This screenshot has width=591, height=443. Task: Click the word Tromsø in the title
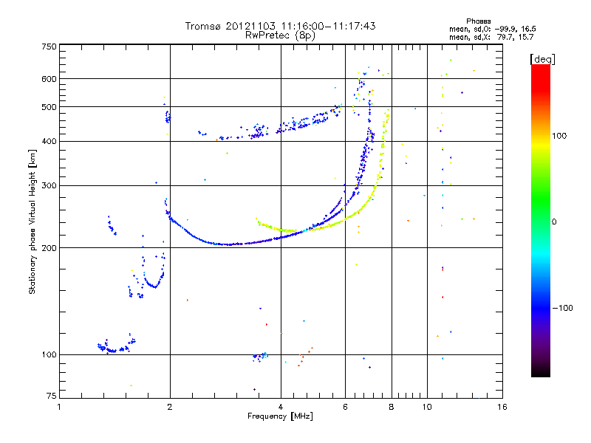[x=202, y=26]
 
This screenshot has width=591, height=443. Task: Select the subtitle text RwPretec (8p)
[x=280, y=35]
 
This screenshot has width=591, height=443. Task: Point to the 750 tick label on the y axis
[x=49, y=47]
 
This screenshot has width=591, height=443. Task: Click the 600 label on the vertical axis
[x=49, y=79]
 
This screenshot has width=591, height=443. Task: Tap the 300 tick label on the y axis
[x=49, y=185]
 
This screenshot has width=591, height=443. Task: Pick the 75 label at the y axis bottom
[x=52, y=396]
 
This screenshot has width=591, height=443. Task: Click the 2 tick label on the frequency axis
[x=170, y=407]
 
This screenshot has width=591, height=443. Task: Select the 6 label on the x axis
[x=345, y=407]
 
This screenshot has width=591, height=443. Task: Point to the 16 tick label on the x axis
[x=502, y=407]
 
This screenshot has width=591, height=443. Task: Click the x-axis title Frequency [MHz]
[x=280, y=416]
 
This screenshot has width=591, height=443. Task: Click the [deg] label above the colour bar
[x=542, y=59]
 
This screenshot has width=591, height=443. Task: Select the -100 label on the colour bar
[x=563, y=308]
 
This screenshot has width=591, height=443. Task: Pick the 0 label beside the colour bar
[x=554, y=222]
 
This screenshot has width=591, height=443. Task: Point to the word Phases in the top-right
[x=478, y=21]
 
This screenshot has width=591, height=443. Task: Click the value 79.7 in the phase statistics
[x=505, y=37]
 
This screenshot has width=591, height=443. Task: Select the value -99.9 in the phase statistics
[x=505, y=29]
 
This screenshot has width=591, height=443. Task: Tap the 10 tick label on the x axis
[x=427, y=407]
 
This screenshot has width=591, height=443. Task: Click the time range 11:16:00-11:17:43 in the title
[x=328, y=26]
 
